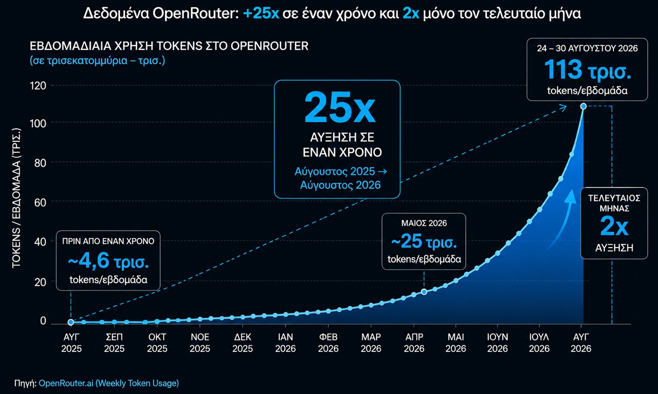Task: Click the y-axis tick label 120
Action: point(38,86)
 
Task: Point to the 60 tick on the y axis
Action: point(40,202)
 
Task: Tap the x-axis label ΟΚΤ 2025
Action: point(157,342)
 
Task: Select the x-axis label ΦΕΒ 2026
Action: point(328,342)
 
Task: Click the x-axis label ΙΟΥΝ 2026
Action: point(497,342)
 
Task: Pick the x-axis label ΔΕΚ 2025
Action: point(242,342)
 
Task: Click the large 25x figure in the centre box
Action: point(340,108)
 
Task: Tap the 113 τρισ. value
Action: point(588,70)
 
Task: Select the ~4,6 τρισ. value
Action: point(108,261)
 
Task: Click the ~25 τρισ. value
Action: point(424,241)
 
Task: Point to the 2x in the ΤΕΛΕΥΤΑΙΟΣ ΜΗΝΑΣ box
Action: point(614,226)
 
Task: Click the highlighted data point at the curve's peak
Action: point(583,107)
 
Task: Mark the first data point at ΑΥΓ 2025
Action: point(71,322)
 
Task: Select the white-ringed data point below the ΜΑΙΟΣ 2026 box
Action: point(424,292)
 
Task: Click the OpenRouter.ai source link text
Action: point(109,383)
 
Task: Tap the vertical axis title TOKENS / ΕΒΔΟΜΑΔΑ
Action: point(16,198)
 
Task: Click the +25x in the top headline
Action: point(261,14)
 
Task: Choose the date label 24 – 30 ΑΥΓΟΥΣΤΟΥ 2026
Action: point(587,48)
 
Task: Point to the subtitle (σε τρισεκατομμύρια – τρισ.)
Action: point(97,61)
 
